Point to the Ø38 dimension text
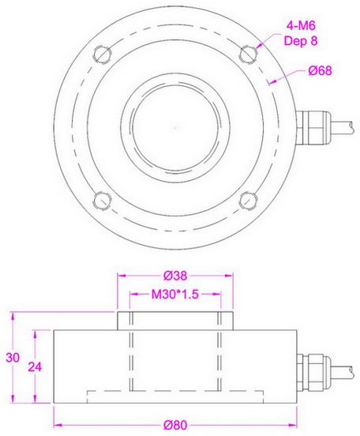[x=175, y=276]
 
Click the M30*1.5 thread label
[x=175, y=295]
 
